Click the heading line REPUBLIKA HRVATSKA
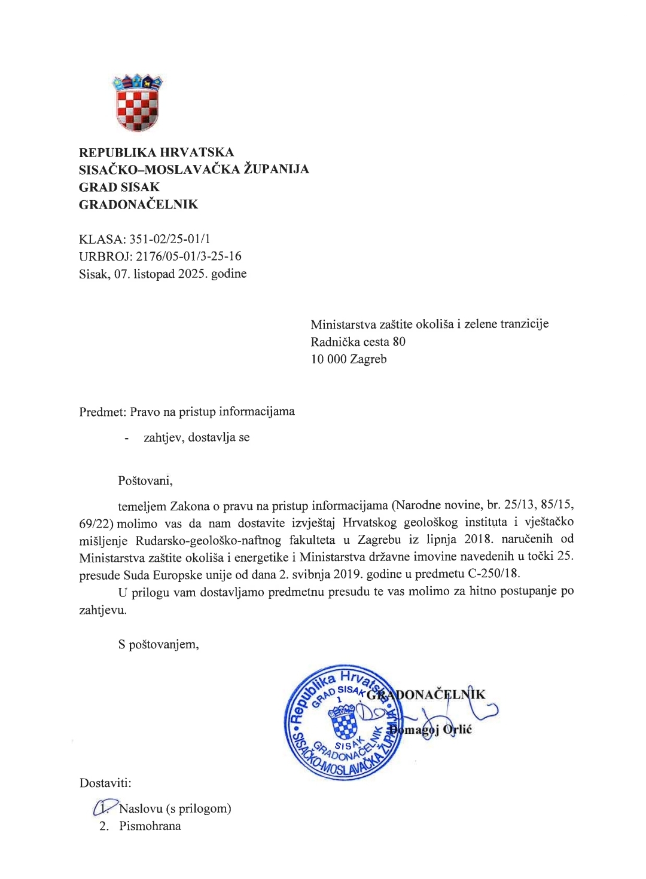point(156,152)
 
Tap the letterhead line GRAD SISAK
point(119,187)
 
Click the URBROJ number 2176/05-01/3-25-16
point(188,256)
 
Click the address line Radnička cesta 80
point(358,342)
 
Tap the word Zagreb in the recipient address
point(368,359)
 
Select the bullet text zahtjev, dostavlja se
point(196,437)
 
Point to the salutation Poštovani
point(145,480)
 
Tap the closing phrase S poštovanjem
point(158,644)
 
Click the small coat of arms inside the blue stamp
point(345,722)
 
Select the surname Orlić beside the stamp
point(458,730)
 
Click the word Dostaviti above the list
point(105,783)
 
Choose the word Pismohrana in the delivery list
point(150,826)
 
